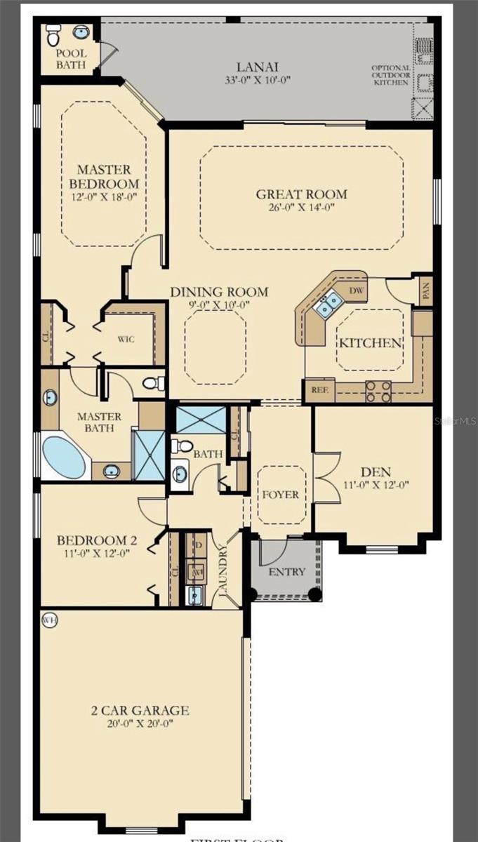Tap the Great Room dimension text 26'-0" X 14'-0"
coord(301,207)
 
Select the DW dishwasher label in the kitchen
coord(356,289)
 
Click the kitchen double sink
coord(328,304)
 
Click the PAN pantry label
coord(426,290)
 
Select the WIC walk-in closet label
coord(126,339)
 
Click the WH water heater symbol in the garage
coord(49,620)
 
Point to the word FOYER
coord(280,495)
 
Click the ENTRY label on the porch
coord(287,572)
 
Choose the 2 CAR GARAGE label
coord(140,710)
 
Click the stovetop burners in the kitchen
coord(378,391)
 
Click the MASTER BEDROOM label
coord(104,175)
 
